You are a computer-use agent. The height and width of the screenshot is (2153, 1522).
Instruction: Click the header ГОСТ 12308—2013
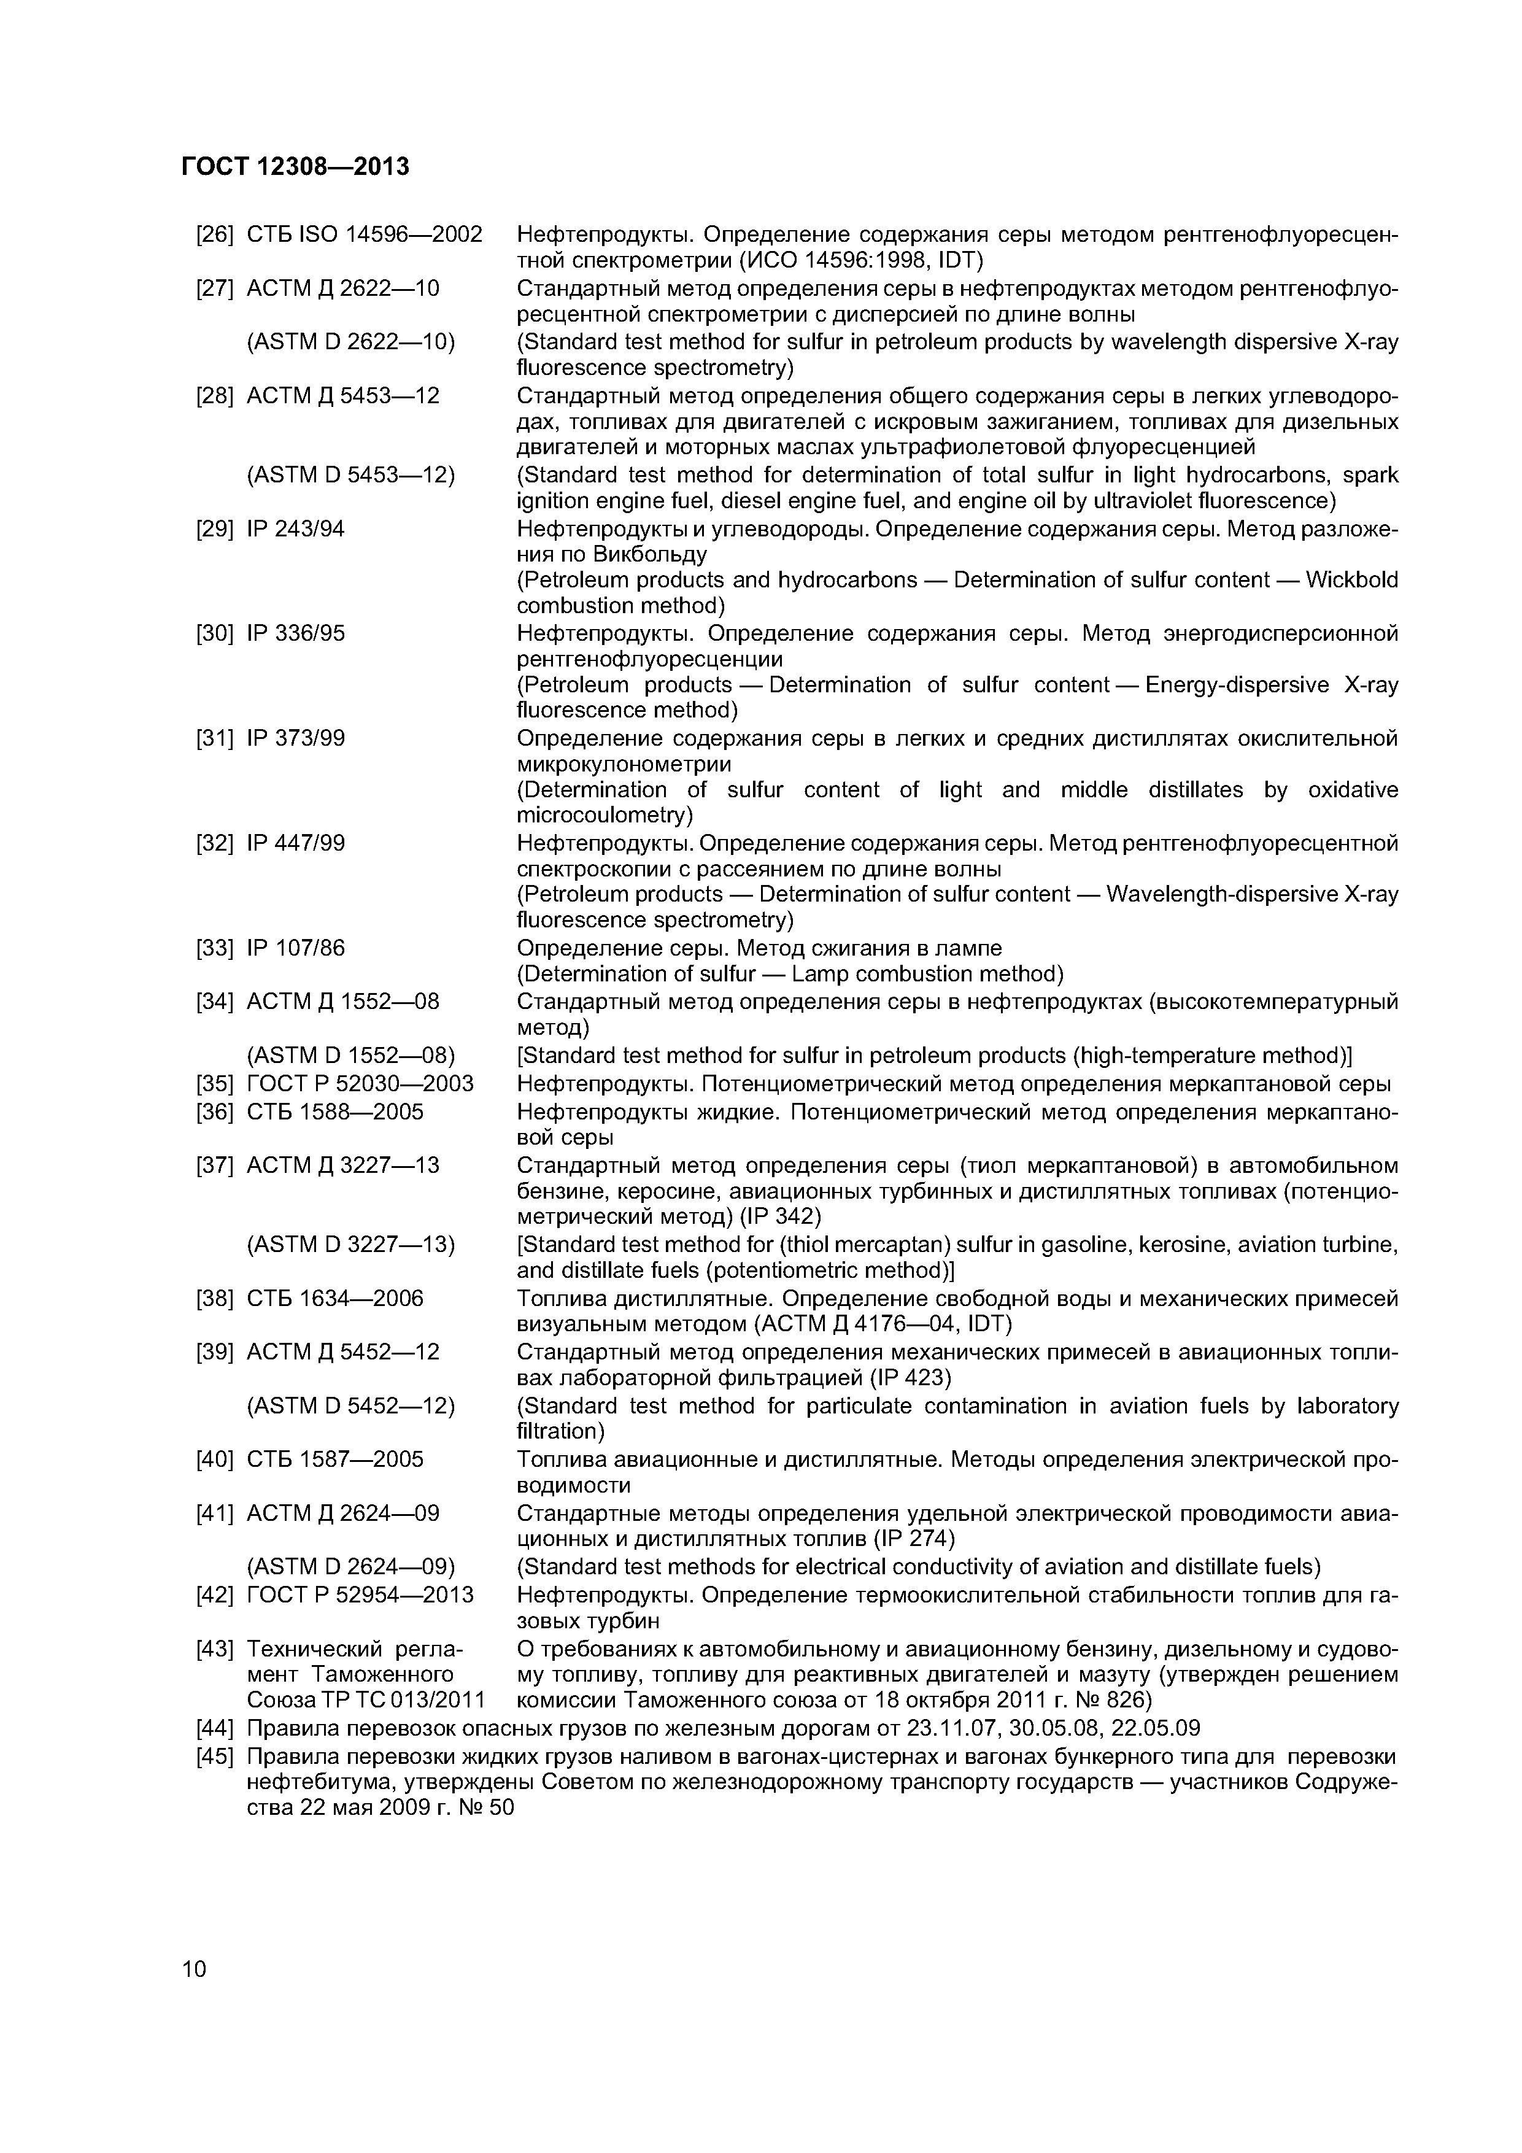click(295, 167)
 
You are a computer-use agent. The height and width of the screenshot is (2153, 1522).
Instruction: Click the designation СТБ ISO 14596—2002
click(364, 234)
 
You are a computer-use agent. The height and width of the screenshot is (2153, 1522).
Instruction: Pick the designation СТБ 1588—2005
click(335, 1112)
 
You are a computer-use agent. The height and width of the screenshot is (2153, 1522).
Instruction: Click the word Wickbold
click(1351, 581)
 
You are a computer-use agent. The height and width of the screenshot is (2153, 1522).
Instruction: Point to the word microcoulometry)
click(605, 815)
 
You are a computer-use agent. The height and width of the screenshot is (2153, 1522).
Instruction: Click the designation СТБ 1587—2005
click(335, 1459)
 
